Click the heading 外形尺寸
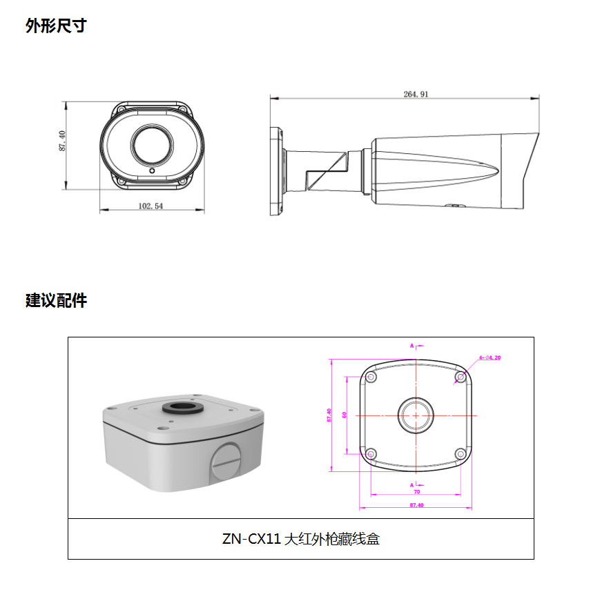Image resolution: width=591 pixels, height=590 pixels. pyautogui.click(x=56, y=26)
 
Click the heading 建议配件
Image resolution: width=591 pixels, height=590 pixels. pyautogui.click(x=56, y=301)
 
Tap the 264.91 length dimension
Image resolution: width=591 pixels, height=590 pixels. pyautogui.click(x=416, y=95)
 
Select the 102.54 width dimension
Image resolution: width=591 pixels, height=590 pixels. pyautogui.click(x=151, y=206)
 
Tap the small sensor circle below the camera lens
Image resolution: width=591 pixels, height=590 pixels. pyautogui.click(x=152, y=170)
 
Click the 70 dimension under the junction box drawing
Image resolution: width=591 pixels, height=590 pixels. pyautogui.click(x=417, y=492)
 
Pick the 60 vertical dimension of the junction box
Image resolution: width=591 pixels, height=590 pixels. pyautogui.click(x=345, y=416)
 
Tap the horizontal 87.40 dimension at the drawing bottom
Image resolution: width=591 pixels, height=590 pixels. pyautogui.click(x=416, y=505)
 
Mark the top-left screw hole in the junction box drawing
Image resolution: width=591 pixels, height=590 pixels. pyautogui.click(x=372, y=377)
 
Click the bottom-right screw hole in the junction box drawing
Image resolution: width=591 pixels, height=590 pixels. pyautogui.click(x=461, y=453)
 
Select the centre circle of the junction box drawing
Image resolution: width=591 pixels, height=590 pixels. pyautogui.click(x=417, y=416)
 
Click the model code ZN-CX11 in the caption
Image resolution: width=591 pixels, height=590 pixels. pyautogui.click(x=251, y=539)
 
